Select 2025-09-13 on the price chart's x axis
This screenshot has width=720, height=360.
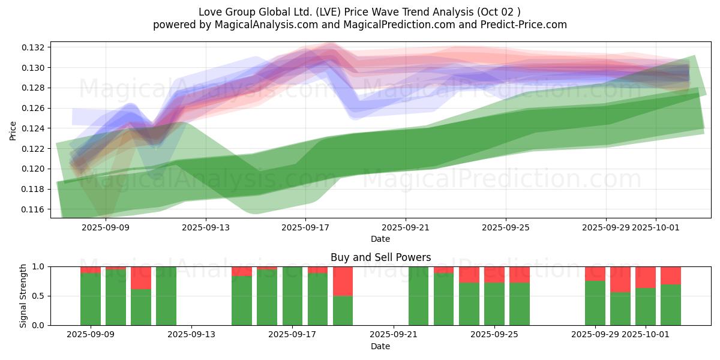(x=206, y=227)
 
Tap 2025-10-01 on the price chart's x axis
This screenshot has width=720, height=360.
(x=656, y=227)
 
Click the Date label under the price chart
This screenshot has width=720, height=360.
(x=380, y=239)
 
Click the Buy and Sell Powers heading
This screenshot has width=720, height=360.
(x=380, y=257)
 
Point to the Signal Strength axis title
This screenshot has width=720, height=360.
(x=23, y=296)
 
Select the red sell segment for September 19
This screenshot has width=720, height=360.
(x=343, y=281)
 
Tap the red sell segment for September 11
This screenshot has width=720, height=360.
(x=141, y=278)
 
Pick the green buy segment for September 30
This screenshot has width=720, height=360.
(x=620, y=308)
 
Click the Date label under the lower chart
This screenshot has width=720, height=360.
(x=380, y=346)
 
